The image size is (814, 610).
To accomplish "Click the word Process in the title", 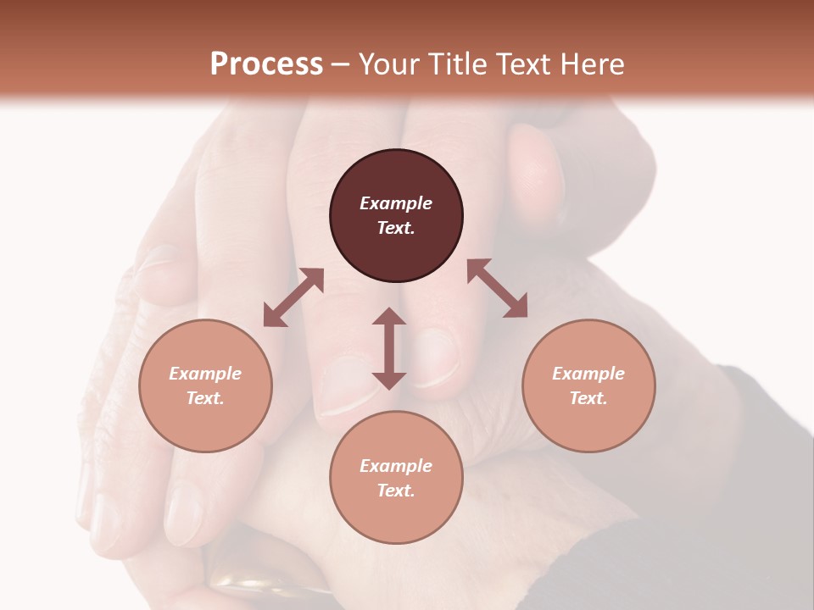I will pyautogui.click(x=266, y=64).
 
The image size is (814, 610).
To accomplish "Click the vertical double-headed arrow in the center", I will pyautogui.click(x=389, y=348).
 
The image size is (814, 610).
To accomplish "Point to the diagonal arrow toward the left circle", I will pyautogui.click(x=293, y=297).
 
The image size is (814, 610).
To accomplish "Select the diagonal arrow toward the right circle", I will pyautogui.click(x=497, y=288).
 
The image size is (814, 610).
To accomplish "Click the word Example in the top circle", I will pyautogui.click(x=396, y=203).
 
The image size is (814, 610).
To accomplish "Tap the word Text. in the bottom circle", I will pyautogui.click(x=396, y=491).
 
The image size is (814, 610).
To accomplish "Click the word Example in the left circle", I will pyautogui.click(x=205, y=374).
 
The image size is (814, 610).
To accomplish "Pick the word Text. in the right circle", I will pyautogui.click(x=588, y=398).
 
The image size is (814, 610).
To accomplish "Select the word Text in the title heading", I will pyautogui.click(x=523, y=64).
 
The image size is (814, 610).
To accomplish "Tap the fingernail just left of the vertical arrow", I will pyautogui.click(x=348, y=385).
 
